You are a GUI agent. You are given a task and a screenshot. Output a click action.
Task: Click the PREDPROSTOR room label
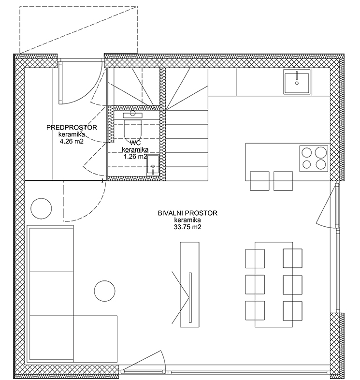click(72, 127)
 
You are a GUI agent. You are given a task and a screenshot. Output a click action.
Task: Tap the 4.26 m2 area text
click(72, 141)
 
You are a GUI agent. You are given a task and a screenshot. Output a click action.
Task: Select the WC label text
click(135, 143)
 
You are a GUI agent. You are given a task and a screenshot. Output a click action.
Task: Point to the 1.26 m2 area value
click(135, 157)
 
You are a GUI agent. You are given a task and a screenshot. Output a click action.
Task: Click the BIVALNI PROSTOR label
click(187, 213)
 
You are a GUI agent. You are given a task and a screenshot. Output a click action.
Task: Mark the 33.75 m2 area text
click(187, 227)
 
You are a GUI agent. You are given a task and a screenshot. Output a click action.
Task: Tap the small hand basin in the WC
click(153, 165)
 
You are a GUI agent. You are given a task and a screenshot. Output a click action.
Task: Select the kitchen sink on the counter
click(297, 82)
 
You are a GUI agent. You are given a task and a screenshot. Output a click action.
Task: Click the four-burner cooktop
click(314, 159)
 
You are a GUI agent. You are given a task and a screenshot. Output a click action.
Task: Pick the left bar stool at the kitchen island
click(259, 181)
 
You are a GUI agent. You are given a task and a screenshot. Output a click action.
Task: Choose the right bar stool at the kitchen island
click(283, 181)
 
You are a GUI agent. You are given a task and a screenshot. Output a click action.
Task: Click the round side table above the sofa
click(41, 208)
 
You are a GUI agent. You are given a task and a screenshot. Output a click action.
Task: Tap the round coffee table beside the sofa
click(105, 291)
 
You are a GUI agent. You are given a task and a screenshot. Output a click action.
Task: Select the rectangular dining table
click(274, 284)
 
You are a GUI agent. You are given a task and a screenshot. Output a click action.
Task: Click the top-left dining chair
click(255, 258)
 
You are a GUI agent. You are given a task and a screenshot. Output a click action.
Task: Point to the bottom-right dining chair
click(293, 310)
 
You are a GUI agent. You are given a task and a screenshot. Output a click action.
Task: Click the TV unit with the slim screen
click(189, 284)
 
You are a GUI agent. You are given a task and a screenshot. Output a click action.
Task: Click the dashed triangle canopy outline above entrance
click(78, 29)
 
